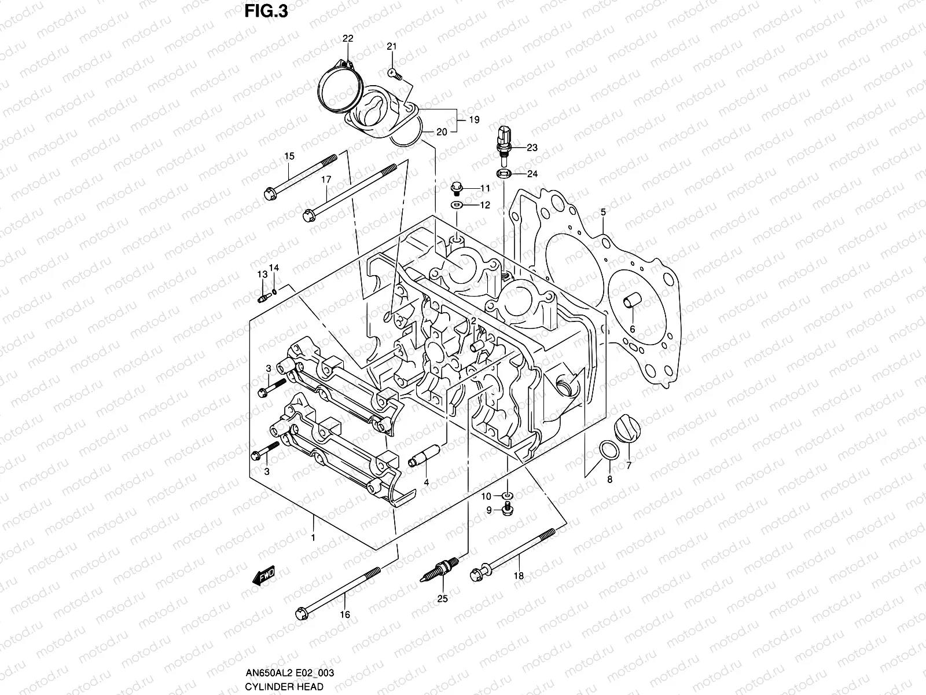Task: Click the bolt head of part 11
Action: tap(457, 188)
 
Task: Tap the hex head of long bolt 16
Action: tap(302, 612)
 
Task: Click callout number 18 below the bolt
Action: tap(519, 576)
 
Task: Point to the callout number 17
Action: tap(326, 180)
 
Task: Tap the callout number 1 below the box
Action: tap(313, 538)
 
